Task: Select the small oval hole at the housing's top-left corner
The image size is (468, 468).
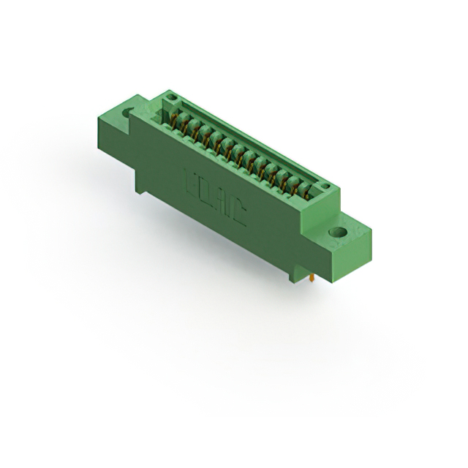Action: pyautogui.click(x=170, y=97)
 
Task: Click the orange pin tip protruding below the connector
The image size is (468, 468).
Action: pyautogui.click(x=313, y=279)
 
